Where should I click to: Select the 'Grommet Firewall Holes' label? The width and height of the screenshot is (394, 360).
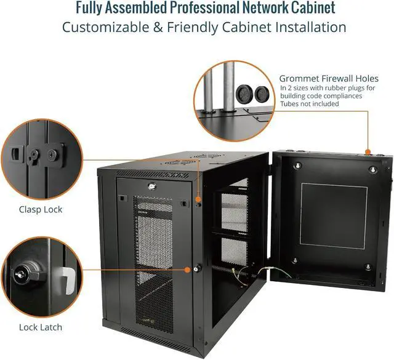click(329, 79)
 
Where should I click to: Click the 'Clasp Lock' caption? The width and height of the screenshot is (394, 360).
click(40, 210)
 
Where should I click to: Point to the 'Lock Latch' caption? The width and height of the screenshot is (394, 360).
click(40, 327)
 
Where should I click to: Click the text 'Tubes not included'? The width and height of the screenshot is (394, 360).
click(310, 104)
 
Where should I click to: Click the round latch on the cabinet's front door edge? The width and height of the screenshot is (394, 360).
click(198, 268)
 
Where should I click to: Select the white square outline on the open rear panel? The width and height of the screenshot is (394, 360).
click(332, 220)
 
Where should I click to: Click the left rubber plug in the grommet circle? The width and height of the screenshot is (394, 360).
click(243, 93)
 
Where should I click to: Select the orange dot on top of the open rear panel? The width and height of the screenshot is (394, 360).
click(367, 151)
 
